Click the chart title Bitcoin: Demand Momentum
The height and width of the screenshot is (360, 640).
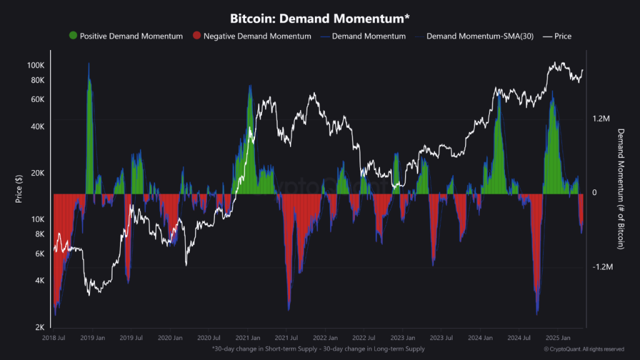coord(320,17)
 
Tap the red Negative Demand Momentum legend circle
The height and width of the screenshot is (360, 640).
coord(197,36)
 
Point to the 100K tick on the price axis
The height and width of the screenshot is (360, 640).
coord(35,66)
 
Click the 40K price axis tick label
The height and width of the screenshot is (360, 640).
coord(37,126)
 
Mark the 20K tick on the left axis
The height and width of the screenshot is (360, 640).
coord(37,173)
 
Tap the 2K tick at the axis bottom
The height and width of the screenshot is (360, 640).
coord(39,327)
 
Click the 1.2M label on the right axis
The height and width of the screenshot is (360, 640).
coord(601,119)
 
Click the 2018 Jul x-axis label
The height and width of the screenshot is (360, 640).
coord(53,337)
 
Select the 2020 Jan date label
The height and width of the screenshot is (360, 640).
coord(169,337)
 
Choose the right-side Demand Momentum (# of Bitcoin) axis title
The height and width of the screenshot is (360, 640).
coord(621,189)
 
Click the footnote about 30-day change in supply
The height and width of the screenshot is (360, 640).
coord(318,349)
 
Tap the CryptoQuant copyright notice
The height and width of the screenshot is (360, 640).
coord(584,349)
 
